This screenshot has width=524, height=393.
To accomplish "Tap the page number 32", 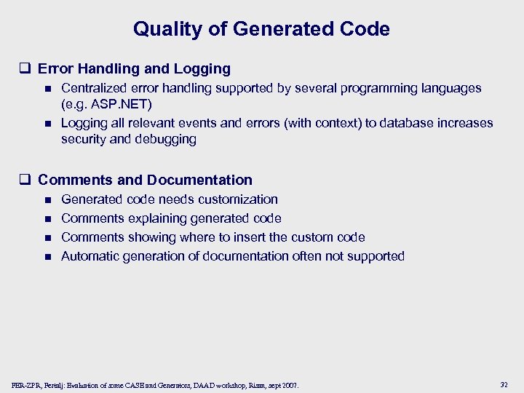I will point(504,384).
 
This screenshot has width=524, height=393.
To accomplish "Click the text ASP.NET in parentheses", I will point(111,104).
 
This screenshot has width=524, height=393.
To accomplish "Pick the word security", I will point(83,139).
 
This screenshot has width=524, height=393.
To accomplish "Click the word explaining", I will point(152,218).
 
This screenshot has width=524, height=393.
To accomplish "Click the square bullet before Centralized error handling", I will point(48,89).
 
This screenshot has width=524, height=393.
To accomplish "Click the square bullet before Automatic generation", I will point(48,257).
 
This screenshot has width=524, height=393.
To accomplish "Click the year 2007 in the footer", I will point(290,384).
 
